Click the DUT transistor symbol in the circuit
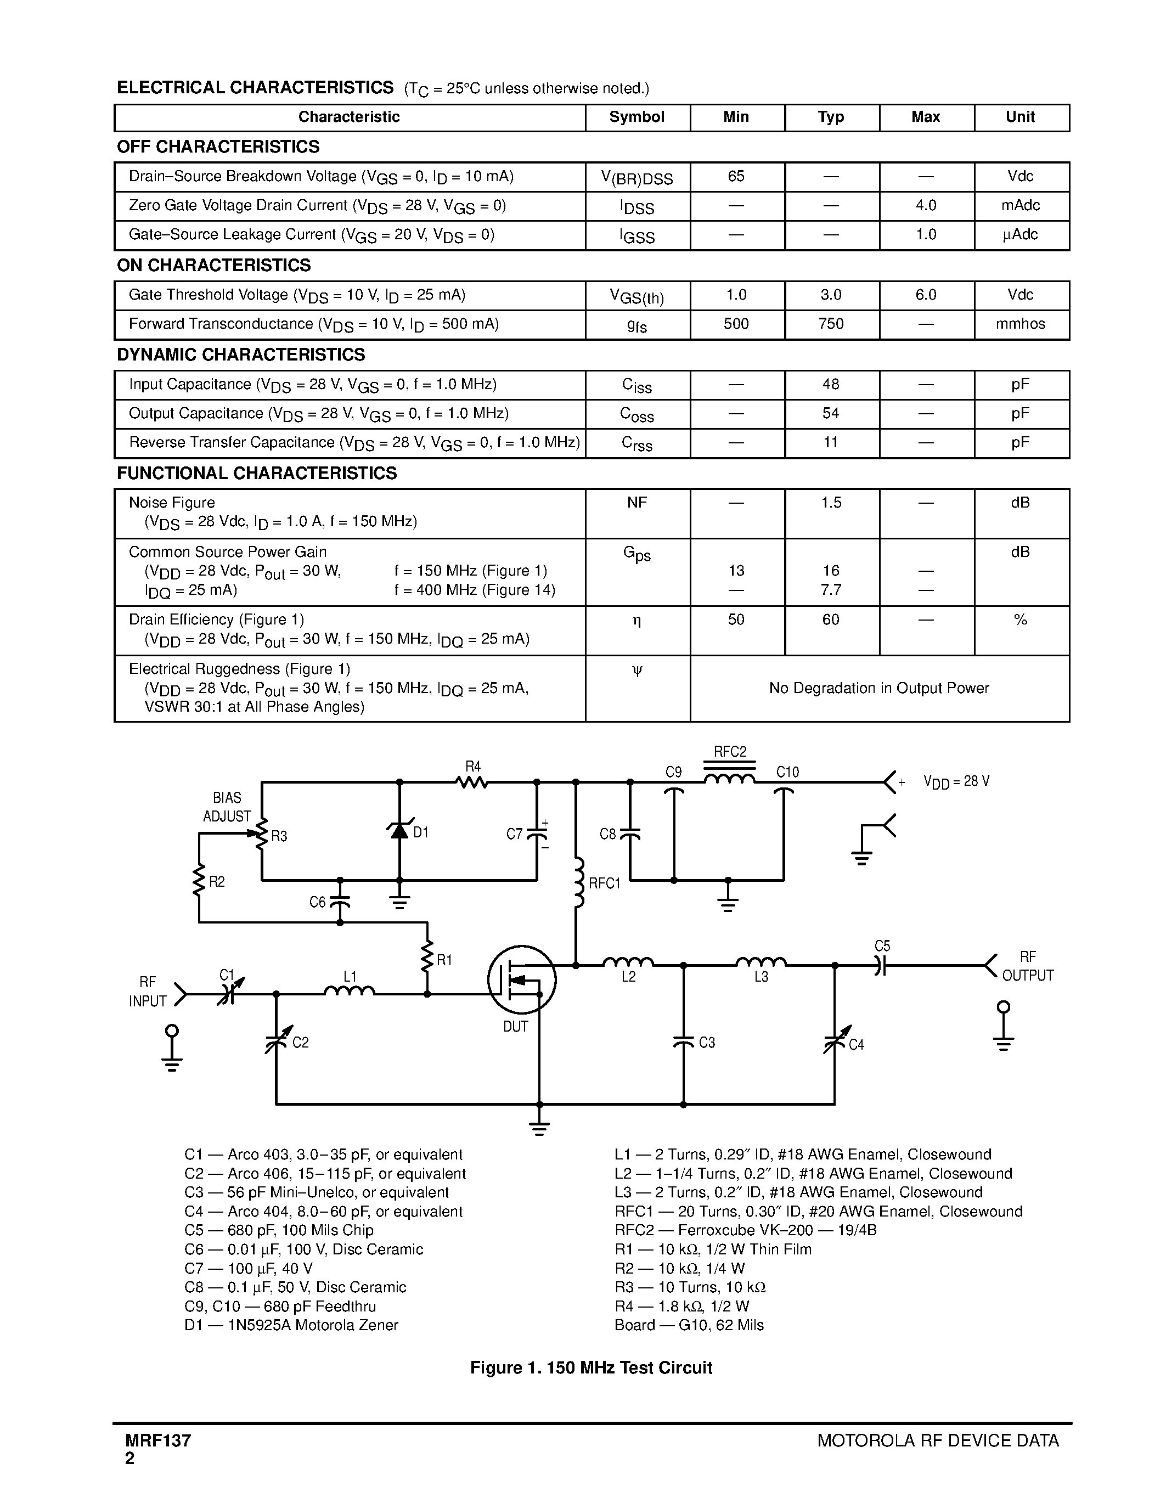[x=521, y=979]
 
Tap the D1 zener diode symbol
[x=399, y=831]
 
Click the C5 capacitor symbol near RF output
[x=880, y=965]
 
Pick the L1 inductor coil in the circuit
[x=350, y=992]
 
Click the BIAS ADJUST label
[x=227, y=807]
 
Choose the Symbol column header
[x=637, y=117]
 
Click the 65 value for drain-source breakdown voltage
[x=736, y=176]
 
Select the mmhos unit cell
[x=1020, y=324]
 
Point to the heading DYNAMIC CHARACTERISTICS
[x=241, y=354]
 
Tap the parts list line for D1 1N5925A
[x=291, y=1325]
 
